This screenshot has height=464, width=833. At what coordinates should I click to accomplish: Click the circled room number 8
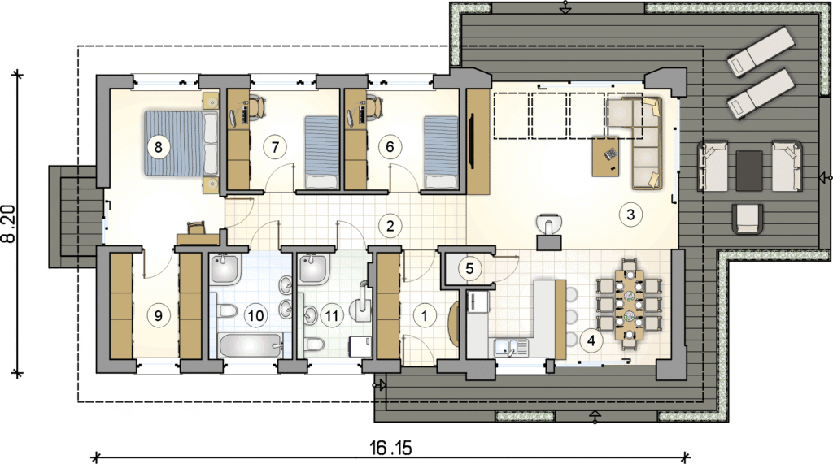[158, 146]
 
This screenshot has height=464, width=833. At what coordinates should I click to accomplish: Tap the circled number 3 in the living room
[630, 215]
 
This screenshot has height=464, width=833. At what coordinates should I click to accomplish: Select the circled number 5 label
[469, 268]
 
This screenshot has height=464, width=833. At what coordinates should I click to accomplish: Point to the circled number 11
[332, 316]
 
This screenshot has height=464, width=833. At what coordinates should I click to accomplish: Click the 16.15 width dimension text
[390, 448]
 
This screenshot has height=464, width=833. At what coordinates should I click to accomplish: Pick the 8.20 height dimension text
[8, 224]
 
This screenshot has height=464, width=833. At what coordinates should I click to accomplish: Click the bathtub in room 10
[250, 345]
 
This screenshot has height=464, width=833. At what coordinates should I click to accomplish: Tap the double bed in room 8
[181, 143]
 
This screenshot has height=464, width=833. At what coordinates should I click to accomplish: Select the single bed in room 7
[321, 153]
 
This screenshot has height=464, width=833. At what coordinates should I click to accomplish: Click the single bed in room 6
[440, 153]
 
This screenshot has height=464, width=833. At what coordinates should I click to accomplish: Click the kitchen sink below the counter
[511, 347]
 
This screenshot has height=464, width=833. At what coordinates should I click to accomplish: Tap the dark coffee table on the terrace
[749, 171]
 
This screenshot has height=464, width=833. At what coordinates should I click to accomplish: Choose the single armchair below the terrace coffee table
[748, 219]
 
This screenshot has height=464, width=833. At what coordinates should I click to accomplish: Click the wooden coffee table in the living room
[605, 157]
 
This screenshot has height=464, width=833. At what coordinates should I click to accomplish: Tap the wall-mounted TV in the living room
[471, 141]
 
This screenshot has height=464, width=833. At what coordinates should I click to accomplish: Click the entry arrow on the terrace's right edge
[825, 177]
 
